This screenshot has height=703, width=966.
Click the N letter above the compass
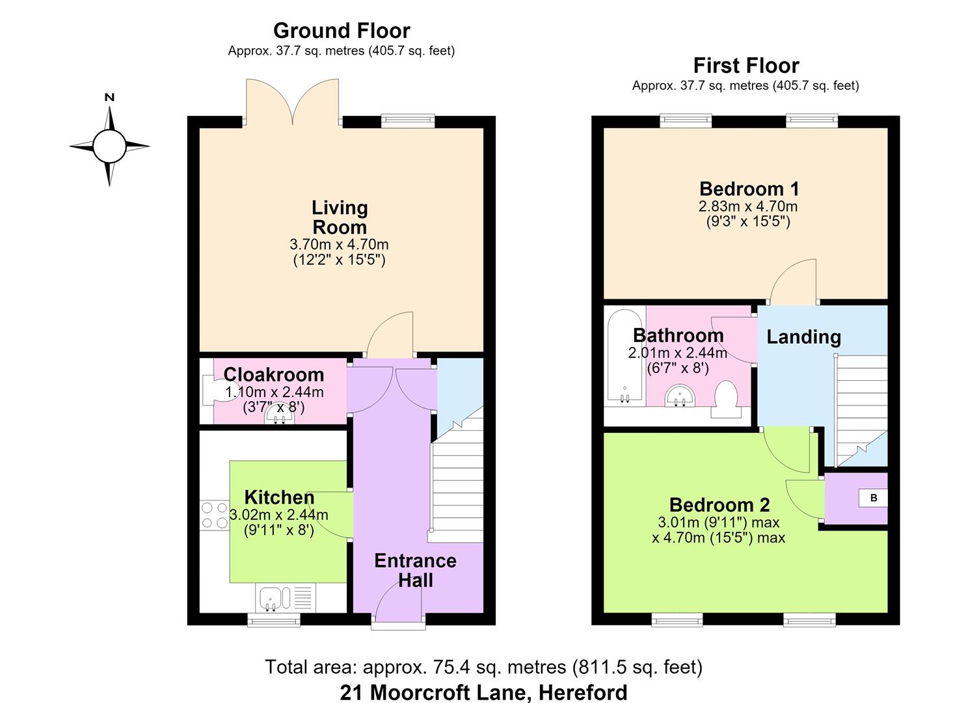pos(109,98)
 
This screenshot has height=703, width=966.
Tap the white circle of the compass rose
pos(109,146)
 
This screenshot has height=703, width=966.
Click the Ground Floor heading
pos(342,31)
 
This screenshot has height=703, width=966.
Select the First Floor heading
pos(746,66)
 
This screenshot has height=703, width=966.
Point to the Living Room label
pos(340,217)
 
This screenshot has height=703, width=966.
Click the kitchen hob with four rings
pos(214,515)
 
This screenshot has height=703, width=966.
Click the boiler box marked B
pos(873,498)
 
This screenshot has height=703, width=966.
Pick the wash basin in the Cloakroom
pos(280,415)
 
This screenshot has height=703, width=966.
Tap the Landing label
pos(804,337)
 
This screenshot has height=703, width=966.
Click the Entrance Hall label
pos(415,570)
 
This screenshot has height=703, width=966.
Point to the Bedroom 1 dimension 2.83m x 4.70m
pos(748,206)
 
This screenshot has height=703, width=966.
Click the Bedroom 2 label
pos(719,504)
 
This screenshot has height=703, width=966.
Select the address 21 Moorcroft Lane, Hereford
pos(483,693)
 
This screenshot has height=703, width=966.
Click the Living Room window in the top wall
pos(408,121)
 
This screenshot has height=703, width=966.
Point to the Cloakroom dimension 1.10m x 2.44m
pos(275,393)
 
